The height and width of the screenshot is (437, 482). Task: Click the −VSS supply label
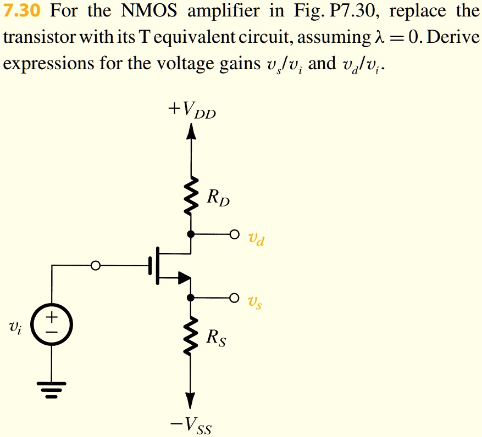pos(191,424)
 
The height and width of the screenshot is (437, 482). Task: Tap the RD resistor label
pos(218,197)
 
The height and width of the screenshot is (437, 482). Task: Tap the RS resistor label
pos(216,339)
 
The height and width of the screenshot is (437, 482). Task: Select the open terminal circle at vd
pos(235,234)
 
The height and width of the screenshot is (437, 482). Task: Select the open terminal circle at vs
pos(235,298)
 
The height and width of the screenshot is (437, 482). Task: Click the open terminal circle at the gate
pos(96,266)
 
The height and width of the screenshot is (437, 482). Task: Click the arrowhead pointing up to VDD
pos(191,132)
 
